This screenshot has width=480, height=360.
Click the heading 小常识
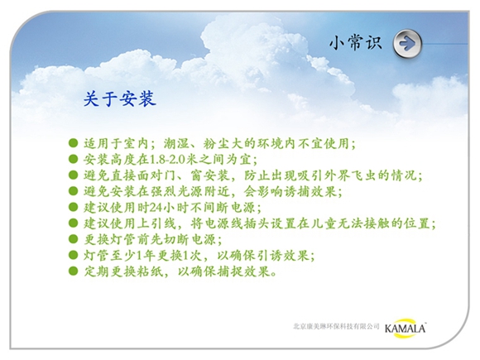[x=356, y=42]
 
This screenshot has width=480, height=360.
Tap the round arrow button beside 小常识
[x=407, y=44]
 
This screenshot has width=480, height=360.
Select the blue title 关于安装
[x=120, y=98]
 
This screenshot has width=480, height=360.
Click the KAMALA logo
[x=406, y=329]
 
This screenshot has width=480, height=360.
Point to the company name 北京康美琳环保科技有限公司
[x=336, y=326]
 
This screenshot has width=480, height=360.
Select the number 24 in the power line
[x=156, y=208]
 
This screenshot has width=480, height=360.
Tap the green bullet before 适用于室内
[x=74, y=142]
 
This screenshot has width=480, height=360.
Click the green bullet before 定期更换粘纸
[x=74, y=271]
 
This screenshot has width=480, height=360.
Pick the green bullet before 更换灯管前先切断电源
[x=74, y=239]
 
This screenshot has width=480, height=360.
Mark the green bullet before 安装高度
[x=74, y=159]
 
